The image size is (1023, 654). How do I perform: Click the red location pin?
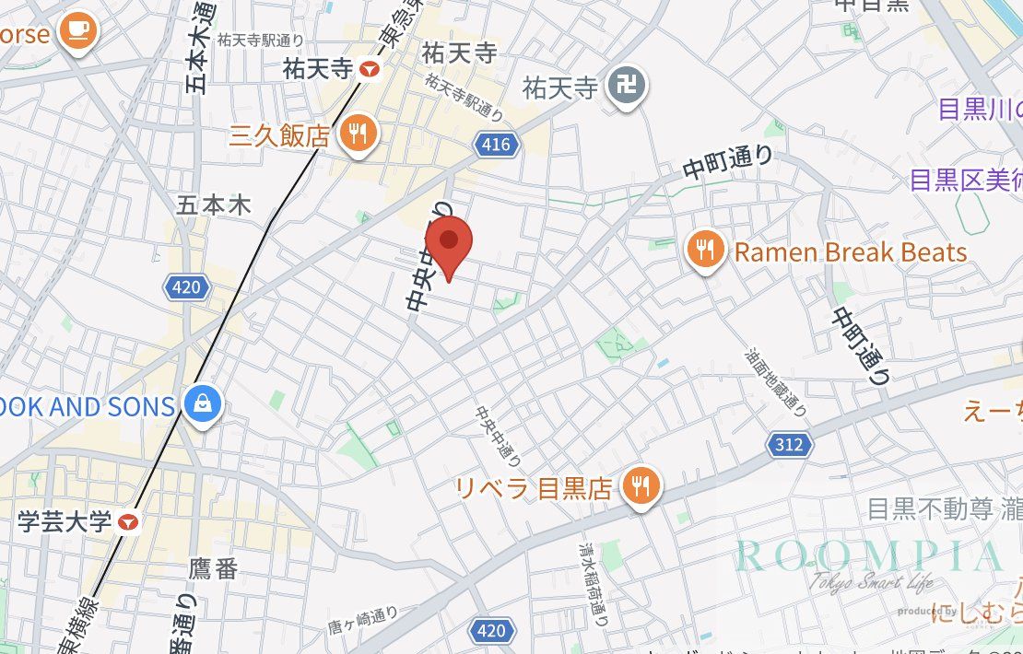[449, 243]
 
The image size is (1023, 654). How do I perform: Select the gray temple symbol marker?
[630, 88]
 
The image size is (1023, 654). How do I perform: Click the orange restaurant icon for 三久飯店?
[354, 134]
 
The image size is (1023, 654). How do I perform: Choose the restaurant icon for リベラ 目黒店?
[639, 485]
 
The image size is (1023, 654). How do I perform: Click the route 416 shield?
[495, 144]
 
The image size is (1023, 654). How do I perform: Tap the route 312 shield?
[789, 446]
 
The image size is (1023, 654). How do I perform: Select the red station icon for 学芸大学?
[129, 522]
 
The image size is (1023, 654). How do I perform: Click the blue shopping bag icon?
[200, 404]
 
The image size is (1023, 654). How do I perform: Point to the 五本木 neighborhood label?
[214, 204]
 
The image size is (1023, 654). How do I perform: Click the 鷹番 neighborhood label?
[214, 568]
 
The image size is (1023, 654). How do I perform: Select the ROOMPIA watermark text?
[866, 555]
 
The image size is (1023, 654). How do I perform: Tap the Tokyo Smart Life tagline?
[871, 582]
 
